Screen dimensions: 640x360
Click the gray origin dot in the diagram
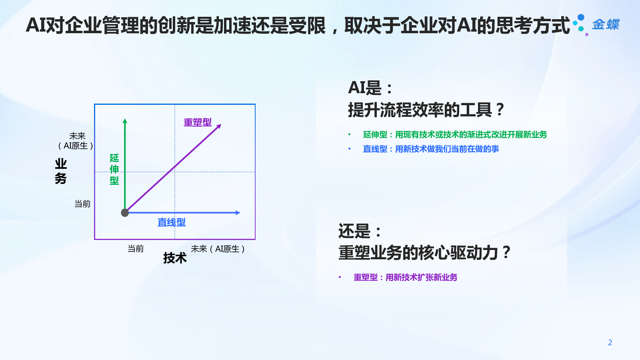pyautogui.click(x=125, y=212)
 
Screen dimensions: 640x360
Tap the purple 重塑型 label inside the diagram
pyautogui.click(x=198, y=122)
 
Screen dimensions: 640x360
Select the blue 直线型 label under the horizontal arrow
pyautogui.click(x=172, y=222)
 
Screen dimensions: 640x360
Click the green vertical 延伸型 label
pyautogui.click(x=114, y=170)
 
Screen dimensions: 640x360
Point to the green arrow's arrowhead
pyautogui.click(x=125, y=121)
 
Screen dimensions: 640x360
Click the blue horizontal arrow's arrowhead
pyautogui.click(x=238, y=212)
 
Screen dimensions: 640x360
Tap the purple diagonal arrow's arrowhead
pyautogui.click(x=219, y=126)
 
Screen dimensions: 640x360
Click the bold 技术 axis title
pyautogui.click(x=175, y=258)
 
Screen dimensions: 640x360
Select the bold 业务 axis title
pyautogui.click(x=60, y=171)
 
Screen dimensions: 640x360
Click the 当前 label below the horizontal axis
pyautogui.click(x=136, y=249)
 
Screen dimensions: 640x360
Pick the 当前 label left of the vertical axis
pyautogui.click(x=82, y=204)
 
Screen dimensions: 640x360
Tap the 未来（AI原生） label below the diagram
pyautogui.click(x=218, y=249)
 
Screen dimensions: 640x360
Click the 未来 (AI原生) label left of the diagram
pyautogui.click(x=76, y=141)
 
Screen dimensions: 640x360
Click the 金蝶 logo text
pyautogui.click(x=606, y=24)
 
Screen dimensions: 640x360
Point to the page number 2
pyautogui.click(x=610, y=342)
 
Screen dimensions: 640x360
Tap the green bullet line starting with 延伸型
pyautogui.click(x=455, y=134)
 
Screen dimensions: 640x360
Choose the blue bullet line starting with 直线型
pyautogui.click(x=431, y=149)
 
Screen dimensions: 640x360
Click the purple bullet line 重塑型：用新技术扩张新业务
pyautogui.click(x=406, y=277)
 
